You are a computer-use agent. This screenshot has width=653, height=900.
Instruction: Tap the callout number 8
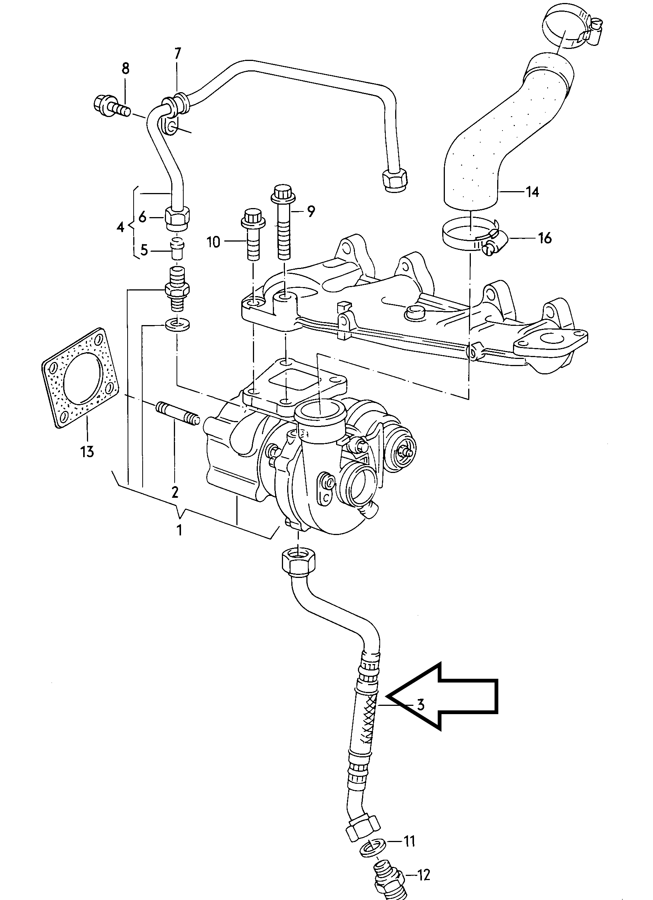125,69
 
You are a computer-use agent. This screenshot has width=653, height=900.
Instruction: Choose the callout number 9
311,211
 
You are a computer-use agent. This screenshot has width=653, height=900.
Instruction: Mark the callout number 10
213,241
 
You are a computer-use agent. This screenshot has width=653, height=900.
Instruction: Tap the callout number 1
180,530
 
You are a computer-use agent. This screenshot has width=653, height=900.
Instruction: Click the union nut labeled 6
177,218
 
